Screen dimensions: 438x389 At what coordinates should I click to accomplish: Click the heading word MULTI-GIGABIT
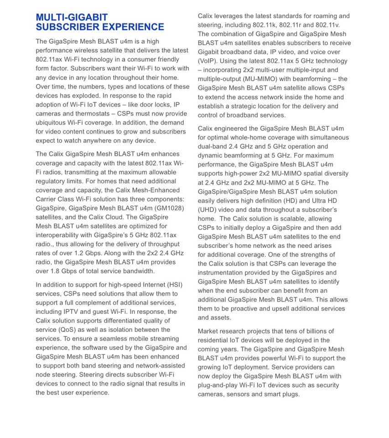(x=72, y=17)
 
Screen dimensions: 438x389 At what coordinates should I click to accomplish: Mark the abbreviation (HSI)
(x=168, y=285)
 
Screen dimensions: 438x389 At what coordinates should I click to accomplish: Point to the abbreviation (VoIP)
(x=207, y=61)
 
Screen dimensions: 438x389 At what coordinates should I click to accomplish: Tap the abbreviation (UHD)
(x=208, y=210)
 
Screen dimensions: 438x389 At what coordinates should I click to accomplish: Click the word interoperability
(x=63, y=235)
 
